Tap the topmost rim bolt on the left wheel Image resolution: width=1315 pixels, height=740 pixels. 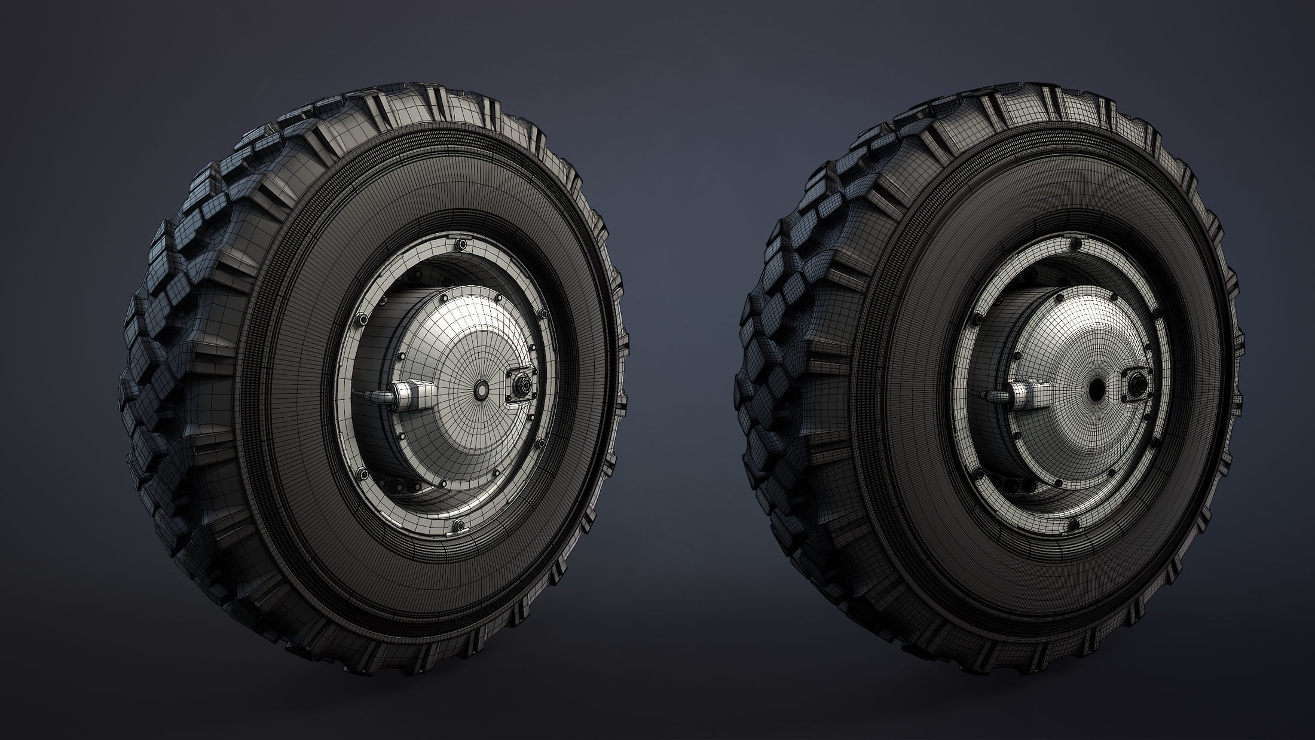(x=460, y=244)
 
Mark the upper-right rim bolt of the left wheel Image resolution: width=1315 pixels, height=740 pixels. (x=542, y=314)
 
